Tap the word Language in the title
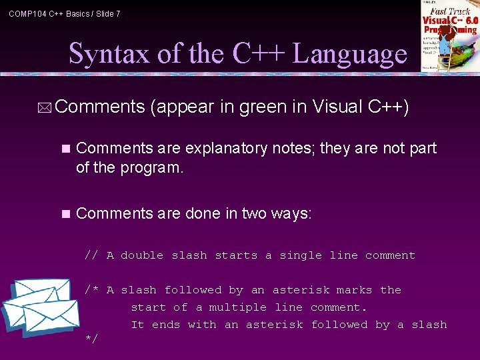[349, 53]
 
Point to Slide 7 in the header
[108, 13]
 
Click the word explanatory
[226, 148]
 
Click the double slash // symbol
[91, 255]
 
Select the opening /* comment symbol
[91, 290]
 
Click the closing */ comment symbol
[91, 340]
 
